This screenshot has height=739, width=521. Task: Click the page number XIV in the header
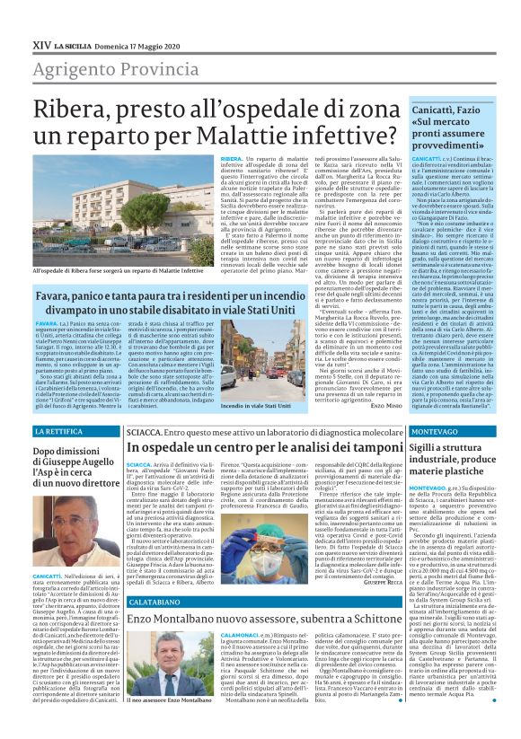(41, 42)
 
